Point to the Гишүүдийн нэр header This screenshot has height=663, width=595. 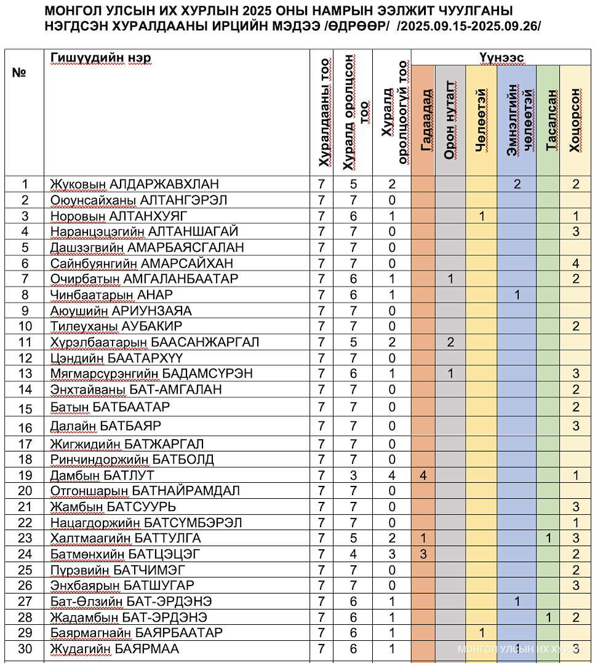101,58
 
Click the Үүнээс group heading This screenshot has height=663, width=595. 501,57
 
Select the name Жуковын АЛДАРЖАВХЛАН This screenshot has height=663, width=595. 135,184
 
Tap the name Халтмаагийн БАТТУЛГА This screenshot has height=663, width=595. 126,539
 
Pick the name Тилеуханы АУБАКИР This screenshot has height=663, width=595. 116,326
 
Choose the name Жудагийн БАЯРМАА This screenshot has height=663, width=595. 115,648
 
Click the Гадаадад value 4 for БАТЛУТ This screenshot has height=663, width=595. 423,475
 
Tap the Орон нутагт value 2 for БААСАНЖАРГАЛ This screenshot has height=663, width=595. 451,342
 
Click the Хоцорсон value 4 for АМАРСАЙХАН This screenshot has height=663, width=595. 576,263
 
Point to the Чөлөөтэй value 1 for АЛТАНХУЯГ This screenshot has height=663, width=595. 482,216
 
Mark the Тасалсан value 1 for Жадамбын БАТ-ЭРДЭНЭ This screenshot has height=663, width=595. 548,617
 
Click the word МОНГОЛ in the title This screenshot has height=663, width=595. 72,11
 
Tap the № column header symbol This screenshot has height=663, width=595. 19,73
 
